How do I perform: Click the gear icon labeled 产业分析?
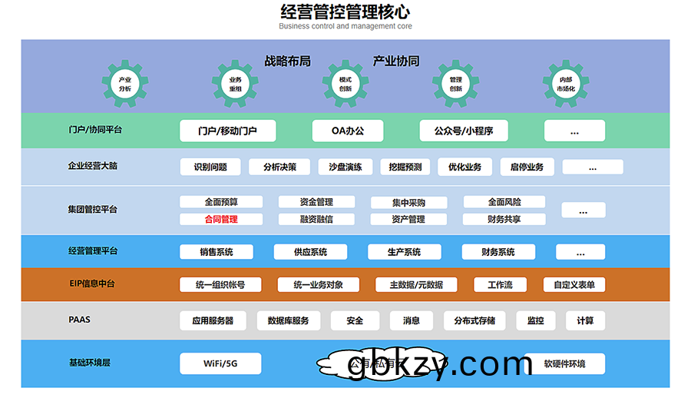pos(125,84)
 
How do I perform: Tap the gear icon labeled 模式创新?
pos(345,84)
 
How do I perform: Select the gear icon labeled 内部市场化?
pos(566,84)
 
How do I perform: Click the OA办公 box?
pos(348,131)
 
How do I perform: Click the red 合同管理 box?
pos(221,219)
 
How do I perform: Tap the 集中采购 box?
pos(408,203)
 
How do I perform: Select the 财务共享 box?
pos(504,219)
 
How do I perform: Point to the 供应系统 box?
pos(310,252)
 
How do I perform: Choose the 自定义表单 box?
pos(574,284)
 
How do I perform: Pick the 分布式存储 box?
pos(474,320)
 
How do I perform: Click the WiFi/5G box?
pos(220,363)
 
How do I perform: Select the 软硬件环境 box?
pos(564,363)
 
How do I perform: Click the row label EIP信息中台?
pos(92,284)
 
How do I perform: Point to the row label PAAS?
pos(79,319)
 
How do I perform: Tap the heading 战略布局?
pos(287,61)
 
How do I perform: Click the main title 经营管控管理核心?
pos(345,12)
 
